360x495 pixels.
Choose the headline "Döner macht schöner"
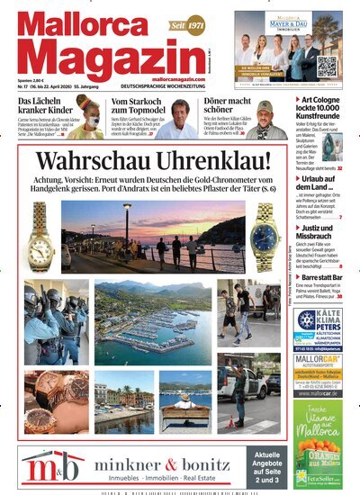[209, 107]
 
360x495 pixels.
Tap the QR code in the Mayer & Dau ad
[328, 65]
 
